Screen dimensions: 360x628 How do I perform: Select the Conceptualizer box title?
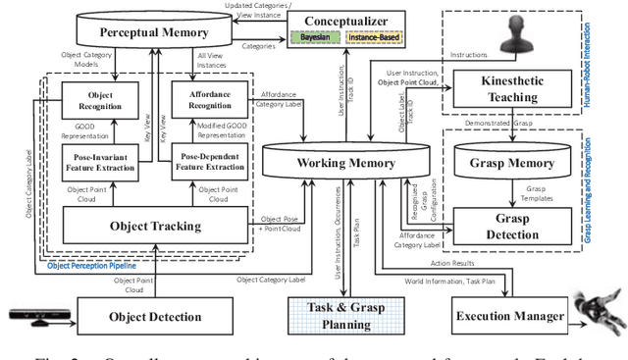(x=340, y=21)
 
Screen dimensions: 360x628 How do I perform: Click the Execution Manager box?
(x=508, y=316)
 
